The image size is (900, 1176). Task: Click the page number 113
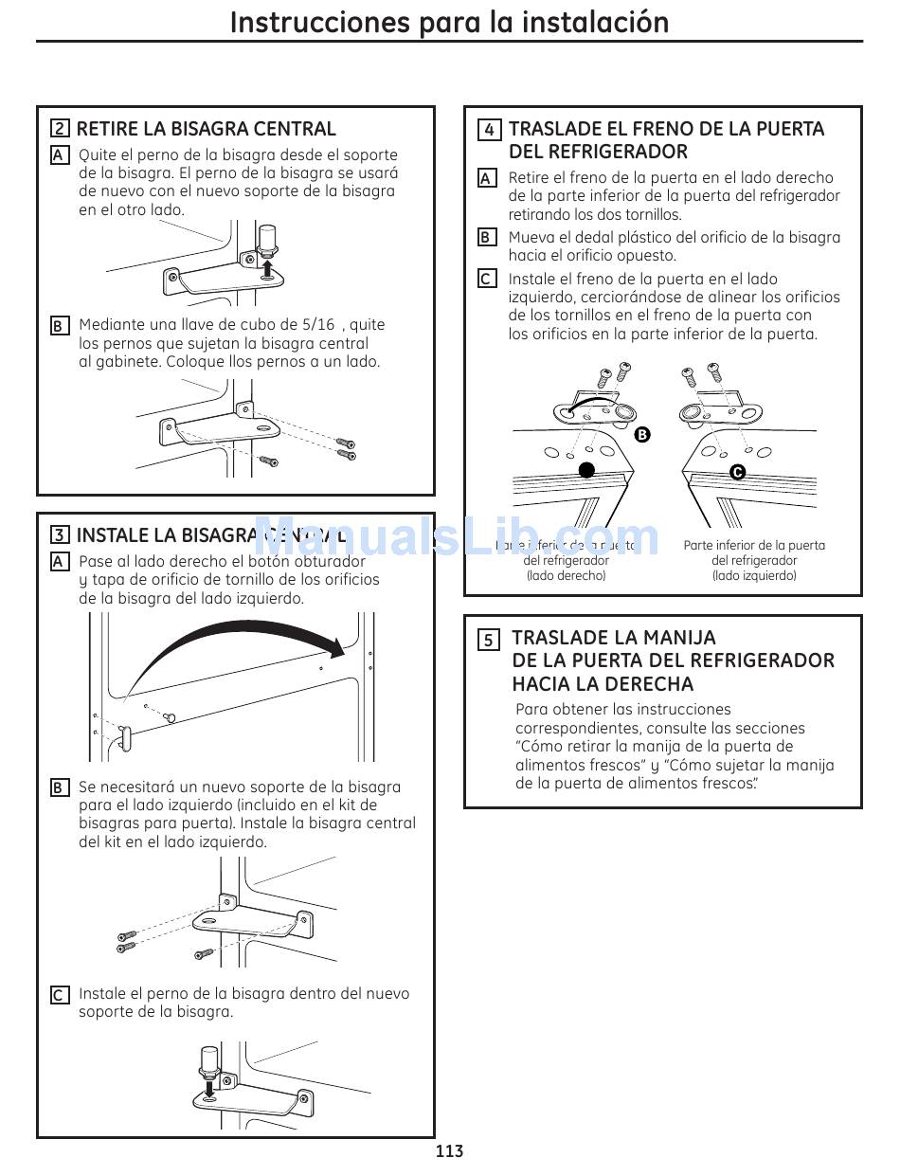tap(450, 1151)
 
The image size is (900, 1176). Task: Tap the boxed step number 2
tap(60, 130)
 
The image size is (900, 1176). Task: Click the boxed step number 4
tap(489, 130)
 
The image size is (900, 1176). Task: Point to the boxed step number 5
tap(489, 640)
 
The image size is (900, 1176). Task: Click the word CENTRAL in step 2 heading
tap(295, 129)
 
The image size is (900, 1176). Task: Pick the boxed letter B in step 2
tap(59, 326)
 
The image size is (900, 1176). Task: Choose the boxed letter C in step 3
tap(59, 995)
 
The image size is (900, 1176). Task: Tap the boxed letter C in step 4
tap(487, 280)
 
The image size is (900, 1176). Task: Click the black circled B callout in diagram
tap(642, 435)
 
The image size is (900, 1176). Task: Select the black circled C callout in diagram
tap(737, 472)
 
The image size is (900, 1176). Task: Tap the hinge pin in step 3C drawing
tap(207, 1061)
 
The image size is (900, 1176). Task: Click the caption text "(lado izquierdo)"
tap(754, 575)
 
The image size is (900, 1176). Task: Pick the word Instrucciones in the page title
tap(307, 22)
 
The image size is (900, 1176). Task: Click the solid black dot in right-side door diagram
tap(586, 470)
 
